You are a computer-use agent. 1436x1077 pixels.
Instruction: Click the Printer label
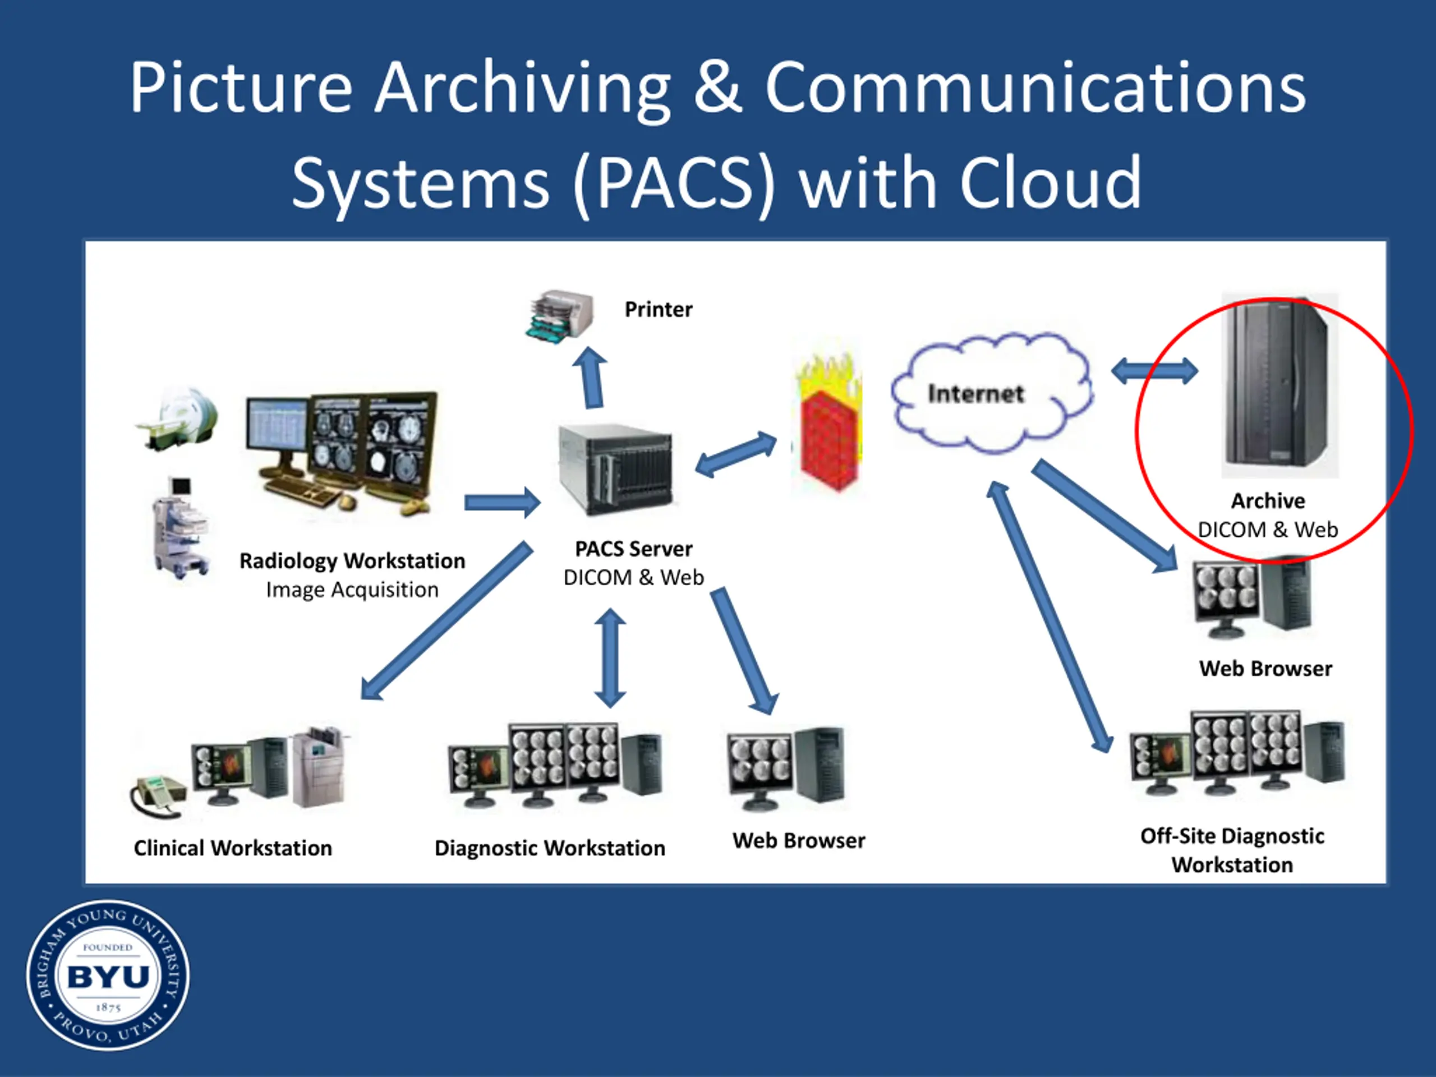click(659, 309)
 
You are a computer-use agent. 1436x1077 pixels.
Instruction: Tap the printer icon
click(560, 316)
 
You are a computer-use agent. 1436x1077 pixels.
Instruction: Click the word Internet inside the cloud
click(975, 393)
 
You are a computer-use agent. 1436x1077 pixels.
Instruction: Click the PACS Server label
click(634, 549)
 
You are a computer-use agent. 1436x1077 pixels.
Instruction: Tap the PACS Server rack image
click(615, 470)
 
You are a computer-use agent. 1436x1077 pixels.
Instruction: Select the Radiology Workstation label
click(352, 560)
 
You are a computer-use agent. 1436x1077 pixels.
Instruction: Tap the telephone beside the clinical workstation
click(158, 797)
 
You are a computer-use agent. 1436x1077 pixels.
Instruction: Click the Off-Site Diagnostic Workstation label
click(1232, 850)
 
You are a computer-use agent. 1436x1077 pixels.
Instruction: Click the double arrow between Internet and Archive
click(1155, 371)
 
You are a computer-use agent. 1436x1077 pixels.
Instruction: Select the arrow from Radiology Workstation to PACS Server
click(503, 503)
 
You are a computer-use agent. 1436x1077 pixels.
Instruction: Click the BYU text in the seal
click(108, 977)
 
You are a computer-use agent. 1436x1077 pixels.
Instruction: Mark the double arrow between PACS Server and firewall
click(735, 454)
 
